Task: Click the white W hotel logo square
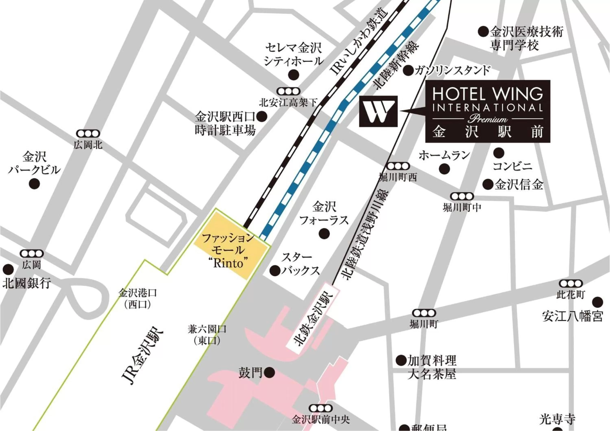point(378,111)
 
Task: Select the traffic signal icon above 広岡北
point(88,133)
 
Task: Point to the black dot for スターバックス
point(275,271)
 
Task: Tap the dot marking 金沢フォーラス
point(324,234)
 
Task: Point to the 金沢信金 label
point(519,185)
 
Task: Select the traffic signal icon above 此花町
point(571,284)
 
